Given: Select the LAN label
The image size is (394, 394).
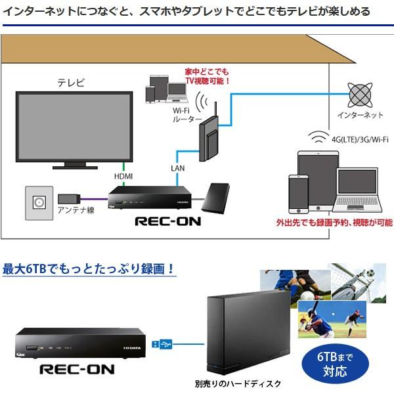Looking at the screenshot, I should click(177, 168).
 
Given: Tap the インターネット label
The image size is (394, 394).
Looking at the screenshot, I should click(359, 116).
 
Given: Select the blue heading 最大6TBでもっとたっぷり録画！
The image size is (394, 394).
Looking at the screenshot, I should click(89, 269).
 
